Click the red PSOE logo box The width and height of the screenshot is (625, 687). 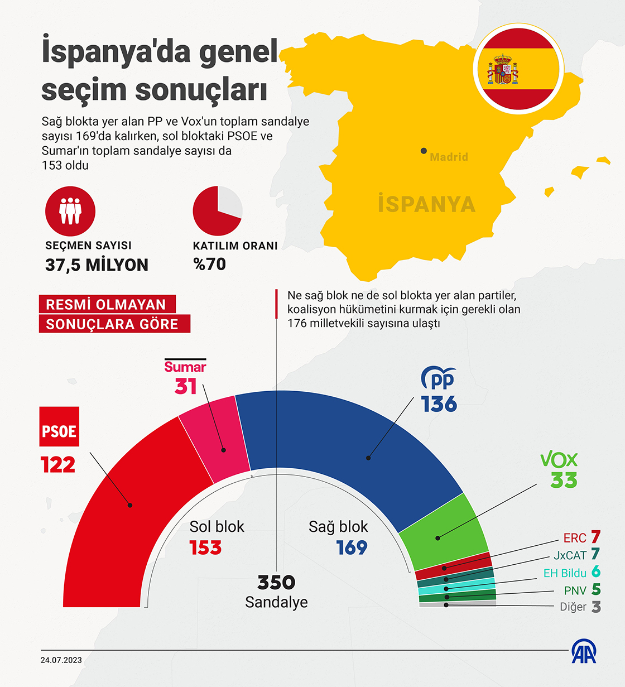(x=59, y=426)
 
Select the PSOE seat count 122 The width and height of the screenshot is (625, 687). (x=58, y=465)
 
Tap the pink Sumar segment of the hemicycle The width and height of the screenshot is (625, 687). (x=215, y=438)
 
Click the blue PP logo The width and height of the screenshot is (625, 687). (x=439, y=379)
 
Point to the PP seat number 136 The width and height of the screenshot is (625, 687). (x=439, y=404)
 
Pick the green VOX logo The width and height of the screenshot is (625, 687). (x=559, y=459)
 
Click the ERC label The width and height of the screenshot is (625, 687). (x=575, y=538)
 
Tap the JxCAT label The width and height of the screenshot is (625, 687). (x=570, y=555)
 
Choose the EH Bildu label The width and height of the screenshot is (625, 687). (x=565, y=573)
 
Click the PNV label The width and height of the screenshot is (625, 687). (x=575, y=590)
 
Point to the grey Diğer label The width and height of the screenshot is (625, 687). (x=573, y=607)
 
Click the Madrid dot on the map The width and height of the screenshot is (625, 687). (x=424, y=151)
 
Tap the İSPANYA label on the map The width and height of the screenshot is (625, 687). (x=426, y=204)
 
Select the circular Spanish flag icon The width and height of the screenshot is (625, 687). (x=516, y=68)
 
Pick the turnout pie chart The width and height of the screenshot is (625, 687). (x=218, y=212)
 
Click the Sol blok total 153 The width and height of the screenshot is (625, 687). (x=205, y=548)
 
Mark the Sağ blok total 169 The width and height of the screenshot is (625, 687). (x=352, y=548)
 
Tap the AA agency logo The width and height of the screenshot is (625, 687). (x=584, y=651)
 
